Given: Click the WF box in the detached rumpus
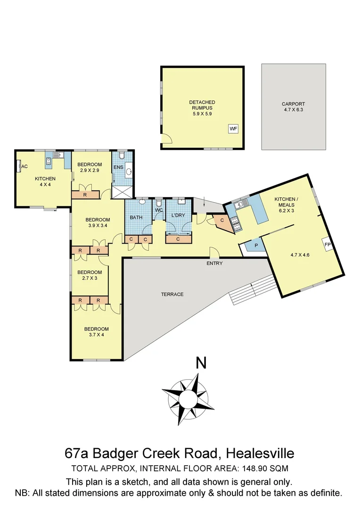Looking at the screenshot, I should (x=233, y=128).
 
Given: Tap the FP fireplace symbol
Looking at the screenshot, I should (x=328, y=245).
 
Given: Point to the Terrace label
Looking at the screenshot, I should (x=172, y=294).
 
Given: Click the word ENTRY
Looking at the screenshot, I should (x=214, y=263).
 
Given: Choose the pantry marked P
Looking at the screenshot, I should (x=256, y=246).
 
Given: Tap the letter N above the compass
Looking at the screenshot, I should (x=201, y=363).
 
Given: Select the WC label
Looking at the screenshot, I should (x=159, y=210).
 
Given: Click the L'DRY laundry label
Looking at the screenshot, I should (x=179, y=215).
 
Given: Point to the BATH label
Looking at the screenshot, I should (x=136, y=217).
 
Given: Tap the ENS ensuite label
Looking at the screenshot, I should (x=118, y=167).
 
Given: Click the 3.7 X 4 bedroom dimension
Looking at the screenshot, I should (x=96, y=335).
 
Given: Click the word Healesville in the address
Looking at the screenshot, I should (x=260, y=453).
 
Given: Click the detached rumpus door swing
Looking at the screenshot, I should (x=166, y=139).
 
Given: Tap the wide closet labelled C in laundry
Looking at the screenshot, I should (x=179, y=239).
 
